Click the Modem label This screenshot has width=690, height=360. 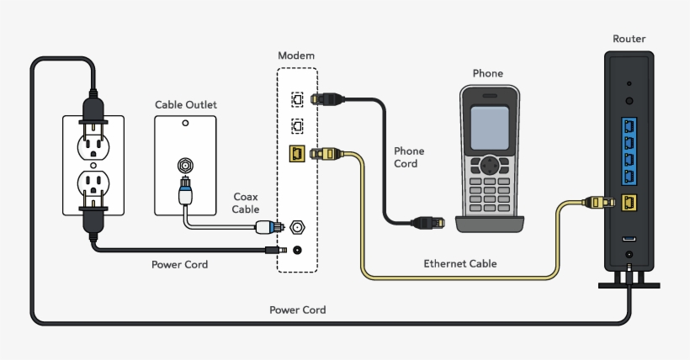pyautogui.click(x=296, y=56)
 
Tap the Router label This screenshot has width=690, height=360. pyautogui.click(x=629, y=39)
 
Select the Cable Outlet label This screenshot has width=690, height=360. pyautogui.click(x=185, y=104)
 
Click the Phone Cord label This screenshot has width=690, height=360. pyautogui.click(x=409, y=157)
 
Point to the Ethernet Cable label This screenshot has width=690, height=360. pyautogui.click(x=459, y=263)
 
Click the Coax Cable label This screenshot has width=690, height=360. pyautogui.click(x=246, y=203)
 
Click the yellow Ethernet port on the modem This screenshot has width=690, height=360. pyautogui.click(x=296, y=154)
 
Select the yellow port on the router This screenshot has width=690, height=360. pyautogui.click(x=629, y=203)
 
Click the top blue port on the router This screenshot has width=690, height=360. pyautogui.click(x=629, y=125)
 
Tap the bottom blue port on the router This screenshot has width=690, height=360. pyautogui.click(x=629, y=176)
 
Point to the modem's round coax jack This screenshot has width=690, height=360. pyautogui.click(x=296, y=226)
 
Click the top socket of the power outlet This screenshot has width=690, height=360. pyautogui.click(x=93, y=145)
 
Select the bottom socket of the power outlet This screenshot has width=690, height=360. pyautogui.click(x=93, y=183)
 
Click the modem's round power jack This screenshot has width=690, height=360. pyautogui.click(x=296, y=249)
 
